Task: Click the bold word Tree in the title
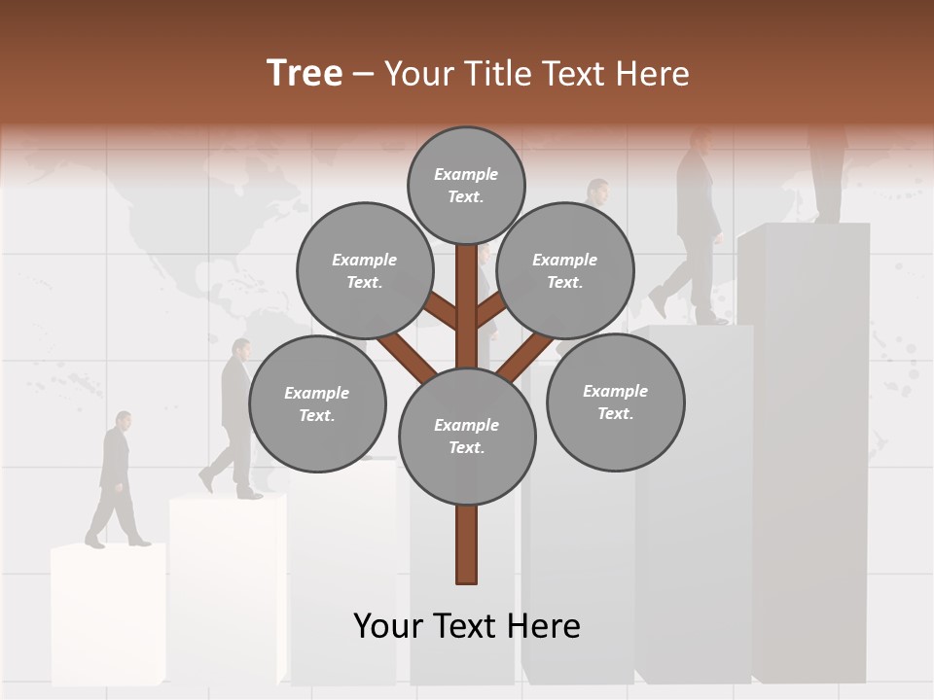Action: (x=305, y=74)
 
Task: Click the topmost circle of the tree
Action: (x=466, y=185)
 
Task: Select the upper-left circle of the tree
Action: (x=364, y=270)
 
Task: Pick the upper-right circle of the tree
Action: (x=564, y=270)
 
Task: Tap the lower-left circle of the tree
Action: (x=317, y=403)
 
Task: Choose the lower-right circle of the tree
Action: (x=615, y=402)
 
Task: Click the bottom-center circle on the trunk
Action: (x=467, y=437)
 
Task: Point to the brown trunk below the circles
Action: (x=467, y=544)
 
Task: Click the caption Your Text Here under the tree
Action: (x=467, y=626)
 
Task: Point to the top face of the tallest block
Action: (x=804, y=229)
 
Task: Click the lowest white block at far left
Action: (x=107, y=617)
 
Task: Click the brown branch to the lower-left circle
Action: (x=406, y=354)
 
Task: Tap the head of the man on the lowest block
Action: (x=123, y=420)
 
